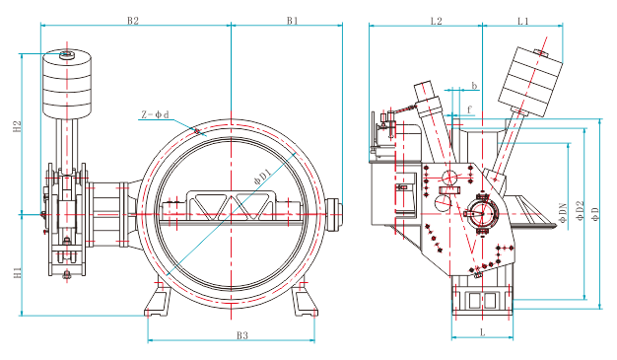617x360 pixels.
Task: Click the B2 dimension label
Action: tap(133, 21)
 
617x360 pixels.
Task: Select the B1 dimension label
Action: tap(293, 21)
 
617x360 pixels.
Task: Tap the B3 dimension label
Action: tap(242, 335)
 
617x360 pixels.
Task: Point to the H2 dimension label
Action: tap(17, 126)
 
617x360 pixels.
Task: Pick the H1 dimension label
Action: tap(17, 272)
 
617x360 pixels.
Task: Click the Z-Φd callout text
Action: tap(155, 114)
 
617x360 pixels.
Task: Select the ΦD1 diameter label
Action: tap(263, 177)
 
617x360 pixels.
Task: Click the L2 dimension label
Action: tap(437, 21)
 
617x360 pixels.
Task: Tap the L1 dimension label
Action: tap(523, 21)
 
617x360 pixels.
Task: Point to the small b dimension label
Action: tap(474, 86)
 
